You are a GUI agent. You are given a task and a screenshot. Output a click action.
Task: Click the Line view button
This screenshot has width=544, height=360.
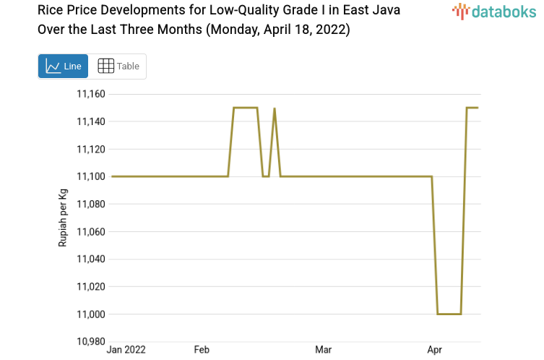(x=63, y=67)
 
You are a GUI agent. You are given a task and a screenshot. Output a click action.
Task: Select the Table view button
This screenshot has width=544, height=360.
(x=118, y=67)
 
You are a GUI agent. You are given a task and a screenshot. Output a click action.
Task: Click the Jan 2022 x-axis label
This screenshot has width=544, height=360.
(x=126, y=350)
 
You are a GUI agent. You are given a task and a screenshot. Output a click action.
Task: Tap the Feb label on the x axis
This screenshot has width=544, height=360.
(x=202, y=350)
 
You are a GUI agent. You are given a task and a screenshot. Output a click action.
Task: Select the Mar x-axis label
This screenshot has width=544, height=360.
(x=323, y=350)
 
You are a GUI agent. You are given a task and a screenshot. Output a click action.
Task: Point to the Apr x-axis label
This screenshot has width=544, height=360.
(x=435, y=350)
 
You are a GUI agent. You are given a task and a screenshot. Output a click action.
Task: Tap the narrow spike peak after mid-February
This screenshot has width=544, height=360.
(x=275, y=108)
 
